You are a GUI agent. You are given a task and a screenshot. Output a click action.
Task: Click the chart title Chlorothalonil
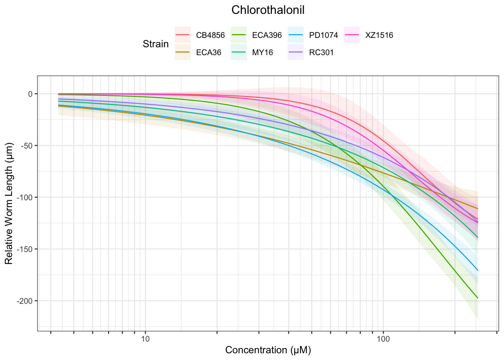click(268, 10)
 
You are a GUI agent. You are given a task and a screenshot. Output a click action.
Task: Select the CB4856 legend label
click(210, 36)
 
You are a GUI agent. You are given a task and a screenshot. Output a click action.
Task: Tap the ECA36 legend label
click(208, 52)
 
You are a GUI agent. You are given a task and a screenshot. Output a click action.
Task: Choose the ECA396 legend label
click(267, 36)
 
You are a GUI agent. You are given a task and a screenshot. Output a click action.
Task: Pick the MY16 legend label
click(262, 52)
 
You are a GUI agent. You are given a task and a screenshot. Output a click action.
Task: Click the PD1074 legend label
click(324, 36)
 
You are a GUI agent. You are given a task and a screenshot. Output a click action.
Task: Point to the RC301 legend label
click(321, 52)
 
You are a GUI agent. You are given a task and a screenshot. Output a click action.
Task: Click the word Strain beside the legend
click(156, 44)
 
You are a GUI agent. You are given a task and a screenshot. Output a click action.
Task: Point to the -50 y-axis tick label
click(27, 145)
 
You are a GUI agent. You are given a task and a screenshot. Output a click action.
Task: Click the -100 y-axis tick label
click(26, 197)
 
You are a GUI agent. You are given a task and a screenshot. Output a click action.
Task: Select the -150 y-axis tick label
click(26, 249)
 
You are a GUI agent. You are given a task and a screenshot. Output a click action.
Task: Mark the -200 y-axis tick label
click(26, 301)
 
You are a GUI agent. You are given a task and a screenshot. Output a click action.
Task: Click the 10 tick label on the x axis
click(145, 339)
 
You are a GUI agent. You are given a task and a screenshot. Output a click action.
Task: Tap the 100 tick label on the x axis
click(383, 339)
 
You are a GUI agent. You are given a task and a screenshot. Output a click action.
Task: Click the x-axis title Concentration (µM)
click(268, 350)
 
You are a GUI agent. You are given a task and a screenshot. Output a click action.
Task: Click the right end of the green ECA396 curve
click(477, 298)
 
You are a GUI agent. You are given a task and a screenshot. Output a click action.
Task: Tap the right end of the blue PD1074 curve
click(477, 270)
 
